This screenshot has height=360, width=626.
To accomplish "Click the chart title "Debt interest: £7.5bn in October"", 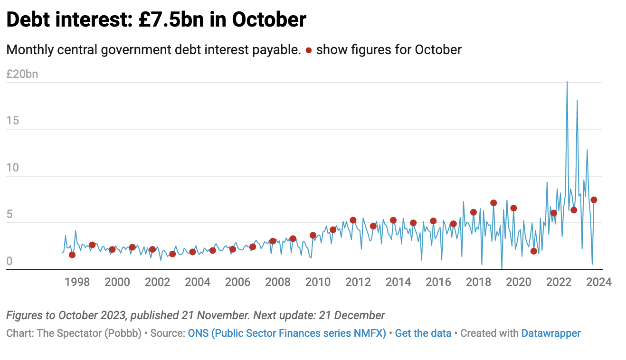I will click(156, 20).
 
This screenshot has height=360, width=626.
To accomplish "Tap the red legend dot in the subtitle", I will click(309, 50).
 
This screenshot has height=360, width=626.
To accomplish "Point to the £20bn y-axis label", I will click(22, 74).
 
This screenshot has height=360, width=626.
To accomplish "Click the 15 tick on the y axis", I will click(13, 121).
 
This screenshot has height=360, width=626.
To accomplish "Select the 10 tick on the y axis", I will click(13, 168).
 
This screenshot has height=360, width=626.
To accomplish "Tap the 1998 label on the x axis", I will click(77, 282).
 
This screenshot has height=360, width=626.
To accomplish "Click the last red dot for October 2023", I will click(594, 200).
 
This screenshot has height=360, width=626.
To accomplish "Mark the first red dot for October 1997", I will click(72, 255).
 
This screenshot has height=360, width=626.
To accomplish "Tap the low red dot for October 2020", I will click(533, 251).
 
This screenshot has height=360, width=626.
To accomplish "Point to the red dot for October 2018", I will click(493, 203).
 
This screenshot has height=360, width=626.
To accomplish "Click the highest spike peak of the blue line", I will click(567, 82).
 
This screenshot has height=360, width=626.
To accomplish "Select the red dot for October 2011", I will click(353, 220).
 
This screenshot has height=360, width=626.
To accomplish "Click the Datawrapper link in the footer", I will click(551, 333).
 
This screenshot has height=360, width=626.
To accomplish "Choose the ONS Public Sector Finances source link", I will click(287, 333).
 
